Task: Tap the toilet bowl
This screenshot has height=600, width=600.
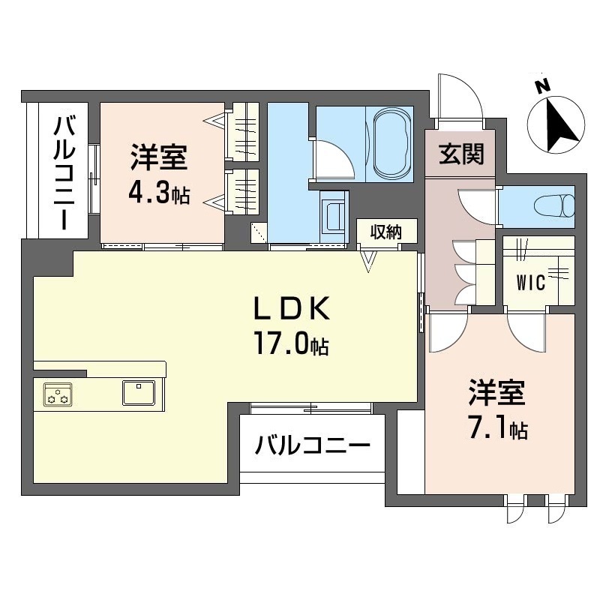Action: tap(554, 206)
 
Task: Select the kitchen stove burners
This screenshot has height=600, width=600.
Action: tap(58, 394)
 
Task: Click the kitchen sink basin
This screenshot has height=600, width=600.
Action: tap(139, 392)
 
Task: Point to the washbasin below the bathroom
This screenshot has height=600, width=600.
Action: tap(334, 217)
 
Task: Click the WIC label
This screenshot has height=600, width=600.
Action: tap(531, 283)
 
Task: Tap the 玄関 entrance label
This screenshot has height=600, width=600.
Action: tap(461, 154)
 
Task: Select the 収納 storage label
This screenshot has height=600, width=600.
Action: tap(385, 232)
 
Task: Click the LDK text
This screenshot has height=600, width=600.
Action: tap(292, 308)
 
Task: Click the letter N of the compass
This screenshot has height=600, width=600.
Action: tap(542, 86)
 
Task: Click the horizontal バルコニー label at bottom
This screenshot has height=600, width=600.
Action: tap(313, 444)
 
